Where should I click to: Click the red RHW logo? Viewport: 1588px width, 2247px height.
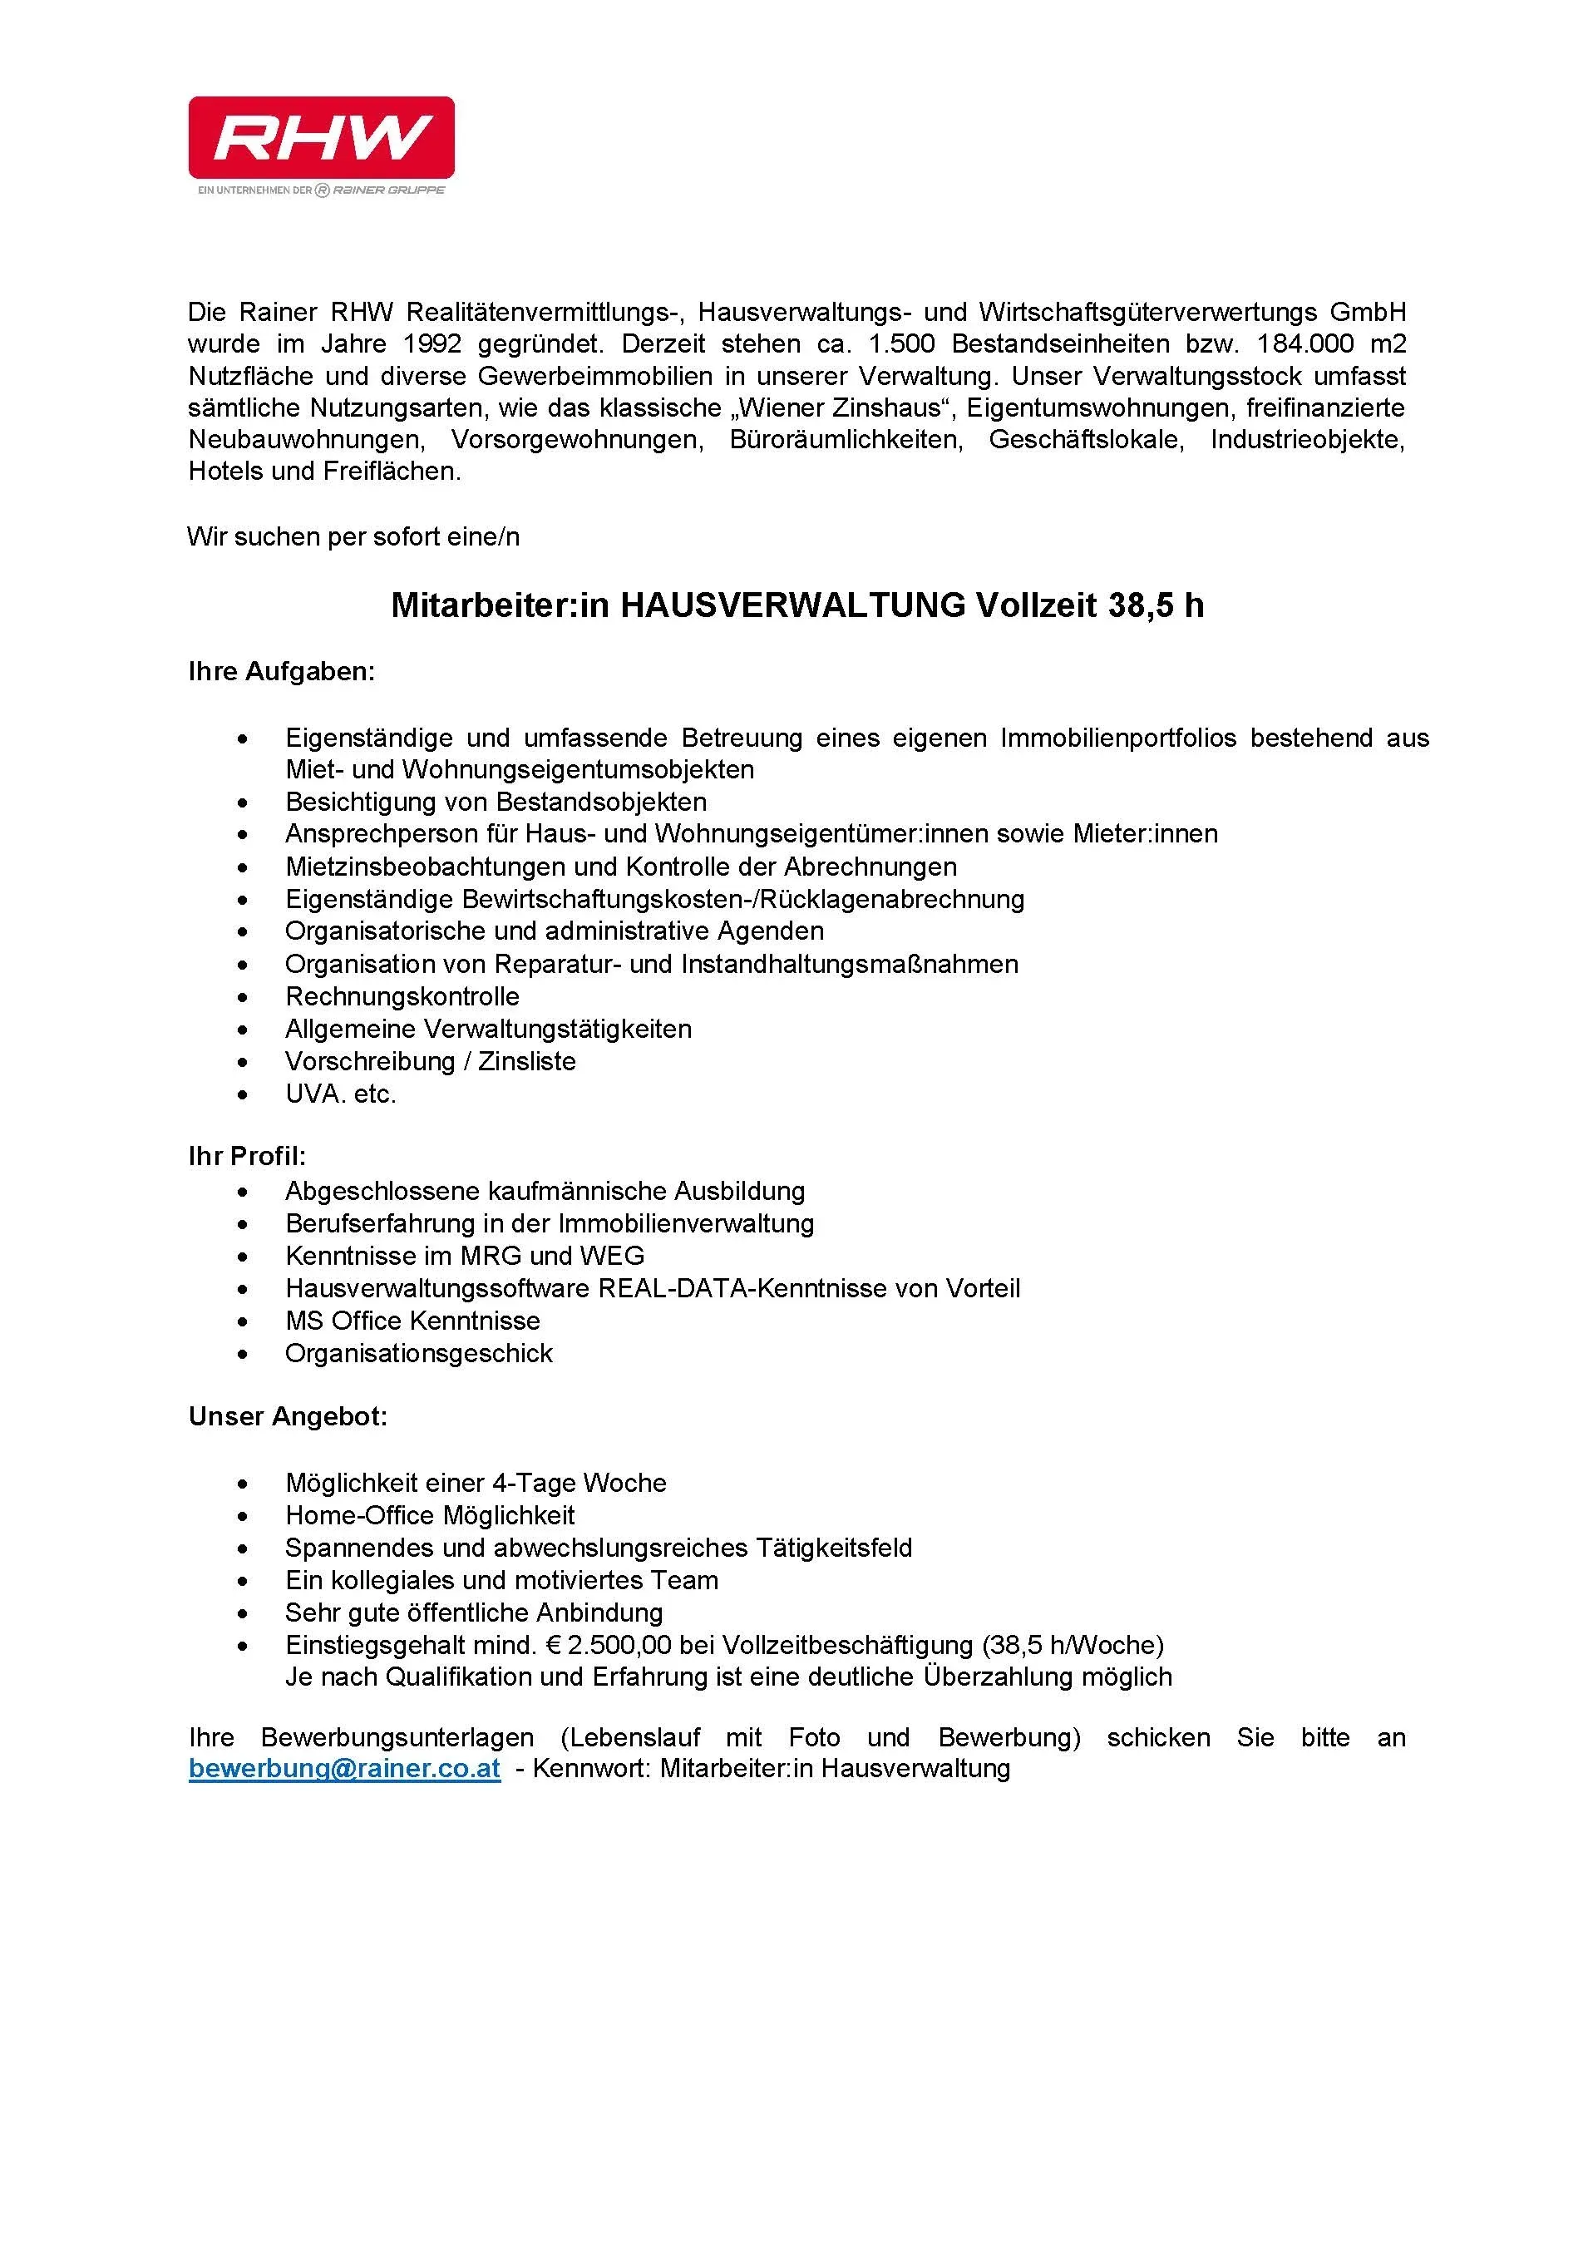coord(321,136)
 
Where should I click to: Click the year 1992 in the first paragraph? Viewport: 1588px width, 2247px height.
coord(432,343)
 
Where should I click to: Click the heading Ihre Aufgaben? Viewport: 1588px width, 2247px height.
coord(281,671)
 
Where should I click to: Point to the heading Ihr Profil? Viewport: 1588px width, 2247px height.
coord(248,1156)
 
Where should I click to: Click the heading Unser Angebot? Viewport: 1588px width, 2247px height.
coord(288,1416)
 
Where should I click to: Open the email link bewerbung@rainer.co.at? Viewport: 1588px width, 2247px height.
coord(344,1769)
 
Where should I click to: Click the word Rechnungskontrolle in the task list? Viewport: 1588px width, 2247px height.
coord(402,996)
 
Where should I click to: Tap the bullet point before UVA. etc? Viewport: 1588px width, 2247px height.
coord(243,1094)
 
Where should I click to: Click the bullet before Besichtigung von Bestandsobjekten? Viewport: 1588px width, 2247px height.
coord(243,802)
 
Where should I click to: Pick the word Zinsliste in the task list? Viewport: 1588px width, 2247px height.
coord(526,1061)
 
